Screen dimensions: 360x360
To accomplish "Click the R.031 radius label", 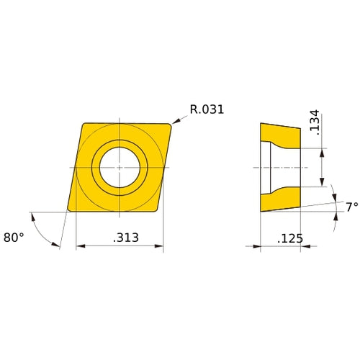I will (207, 110).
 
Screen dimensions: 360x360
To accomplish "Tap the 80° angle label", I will (13, 236).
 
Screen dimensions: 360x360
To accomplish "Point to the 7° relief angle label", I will (351, 207).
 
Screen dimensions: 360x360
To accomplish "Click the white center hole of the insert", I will (120, 167).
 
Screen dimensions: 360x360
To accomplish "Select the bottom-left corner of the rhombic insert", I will (68, 210).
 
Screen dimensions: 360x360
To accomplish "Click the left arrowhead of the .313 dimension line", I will (78, 246).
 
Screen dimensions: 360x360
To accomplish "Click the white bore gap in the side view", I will (281, 167).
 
